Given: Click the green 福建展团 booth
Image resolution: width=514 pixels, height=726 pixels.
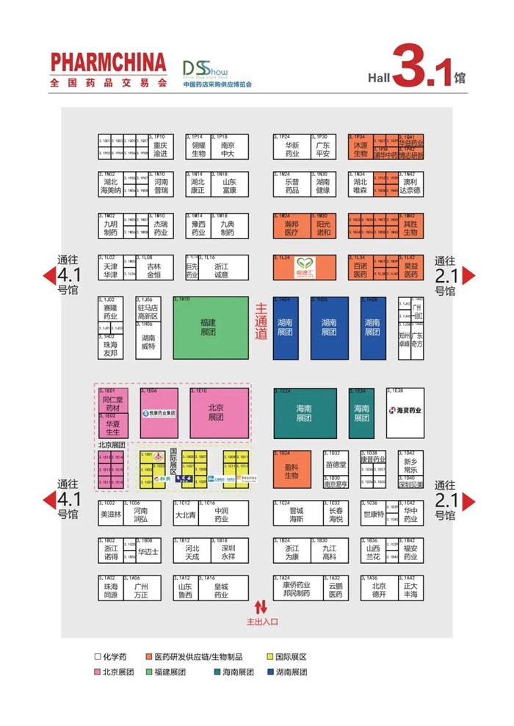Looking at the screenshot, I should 211,327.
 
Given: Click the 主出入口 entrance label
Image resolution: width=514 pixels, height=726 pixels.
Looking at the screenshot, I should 262,622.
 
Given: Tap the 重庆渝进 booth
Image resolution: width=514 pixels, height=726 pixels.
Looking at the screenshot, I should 160,148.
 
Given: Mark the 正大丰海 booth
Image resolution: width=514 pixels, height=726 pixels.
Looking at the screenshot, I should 410,590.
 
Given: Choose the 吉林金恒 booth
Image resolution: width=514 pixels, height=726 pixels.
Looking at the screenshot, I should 153,270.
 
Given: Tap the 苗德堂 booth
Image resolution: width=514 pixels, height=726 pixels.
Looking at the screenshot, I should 335,464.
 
